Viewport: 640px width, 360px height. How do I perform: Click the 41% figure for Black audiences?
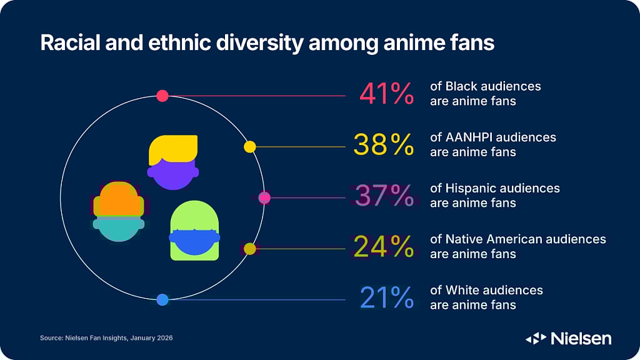[386, 94]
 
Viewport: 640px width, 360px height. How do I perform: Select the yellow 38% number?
[384, 145]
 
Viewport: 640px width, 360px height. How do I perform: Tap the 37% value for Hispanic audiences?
[384, 196]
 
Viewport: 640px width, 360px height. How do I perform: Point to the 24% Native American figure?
[384, 247]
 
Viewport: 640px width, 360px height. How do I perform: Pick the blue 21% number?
[386, 298]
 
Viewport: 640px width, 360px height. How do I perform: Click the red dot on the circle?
[162, 96]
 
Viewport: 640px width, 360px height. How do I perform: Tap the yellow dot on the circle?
[249, 147]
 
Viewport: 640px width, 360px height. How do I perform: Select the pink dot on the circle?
[264, 197]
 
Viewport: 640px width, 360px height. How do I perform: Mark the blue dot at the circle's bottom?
[162, 300]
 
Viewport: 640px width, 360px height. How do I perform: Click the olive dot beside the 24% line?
[249, 249]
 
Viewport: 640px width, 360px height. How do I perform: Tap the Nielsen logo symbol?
[536, 339]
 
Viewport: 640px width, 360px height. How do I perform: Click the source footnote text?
[106, 337]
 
